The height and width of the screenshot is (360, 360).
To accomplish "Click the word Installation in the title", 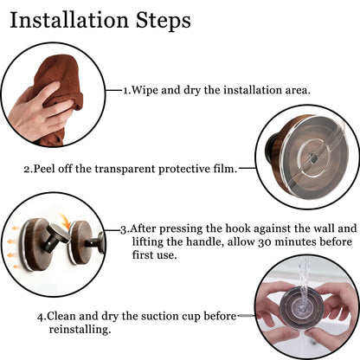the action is (x=69, y=20).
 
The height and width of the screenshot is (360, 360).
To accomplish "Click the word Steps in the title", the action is (x=164, y=20).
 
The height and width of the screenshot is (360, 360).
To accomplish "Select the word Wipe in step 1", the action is (x=145, y=90).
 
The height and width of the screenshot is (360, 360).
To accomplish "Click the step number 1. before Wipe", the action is (x=127, y=91).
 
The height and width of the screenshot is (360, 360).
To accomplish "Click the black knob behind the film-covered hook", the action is (x=269, y=146).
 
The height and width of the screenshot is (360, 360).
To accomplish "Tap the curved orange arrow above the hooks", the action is (x=65, y=221).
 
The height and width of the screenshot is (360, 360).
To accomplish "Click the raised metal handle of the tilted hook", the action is (x=58, y=233).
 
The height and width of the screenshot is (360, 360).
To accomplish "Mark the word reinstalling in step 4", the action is (x=80, y=330).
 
